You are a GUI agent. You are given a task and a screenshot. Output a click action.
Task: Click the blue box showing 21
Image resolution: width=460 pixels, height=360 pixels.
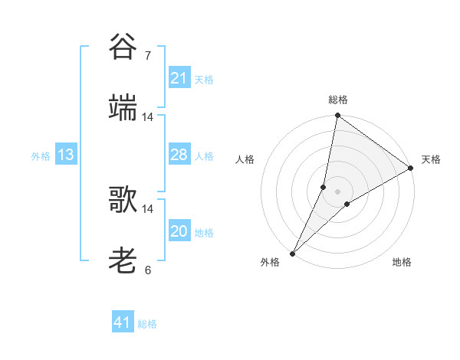point(179,78)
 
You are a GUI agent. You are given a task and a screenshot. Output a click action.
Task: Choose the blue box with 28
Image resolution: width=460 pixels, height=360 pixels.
point(179,155)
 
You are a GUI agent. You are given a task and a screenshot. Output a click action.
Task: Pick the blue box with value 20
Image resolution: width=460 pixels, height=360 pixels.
point(179,231)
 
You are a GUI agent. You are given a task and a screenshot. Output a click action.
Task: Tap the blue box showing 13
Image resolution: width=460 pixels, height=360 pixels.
point(66,155)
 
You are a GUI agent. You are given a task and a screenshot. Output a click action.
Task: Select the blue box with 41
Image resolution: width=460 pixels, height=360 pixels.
point(123,322)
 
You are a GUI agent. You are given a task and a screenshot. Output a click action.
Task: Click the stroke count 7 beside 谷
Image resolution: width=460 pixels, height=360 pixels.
point(147,55)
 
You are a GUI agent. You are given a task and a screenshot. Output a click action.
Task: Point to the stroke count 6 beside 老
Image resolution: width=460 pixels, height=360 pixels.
point(147,270)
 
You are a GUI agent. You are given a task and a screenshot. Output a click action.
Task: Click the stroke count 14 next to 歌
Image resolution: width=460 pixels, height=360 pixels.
point(148,208)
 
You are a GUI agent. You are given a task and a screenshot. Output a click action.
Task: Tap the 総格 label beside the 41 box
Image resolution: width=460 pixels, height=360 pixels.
point(147,324)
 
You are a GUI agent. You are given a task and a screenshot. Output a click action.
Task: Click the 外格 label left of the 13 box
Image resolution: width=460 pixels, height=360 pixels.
point(41,156)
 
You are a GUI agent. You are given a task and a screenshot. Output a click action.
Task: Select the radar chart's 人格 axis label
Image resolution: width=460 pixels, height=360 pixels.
point(245,159)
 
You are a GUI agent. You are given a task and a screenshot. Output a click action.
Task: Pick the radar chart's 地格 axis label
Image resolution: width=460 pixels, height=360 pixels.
point(402,262)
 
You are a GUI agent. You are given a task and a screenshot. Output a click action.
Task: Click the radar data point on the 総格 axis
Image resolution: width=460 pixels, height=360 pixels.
point(337,116)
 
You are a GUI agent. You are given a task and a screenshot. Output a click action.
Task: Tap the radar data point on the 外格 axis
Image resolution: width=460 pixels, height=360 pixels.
point(292,254)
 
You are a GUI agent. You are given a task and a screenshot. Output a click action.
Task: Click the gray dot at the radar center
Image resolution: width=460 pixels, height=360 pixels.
point(337,191)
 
